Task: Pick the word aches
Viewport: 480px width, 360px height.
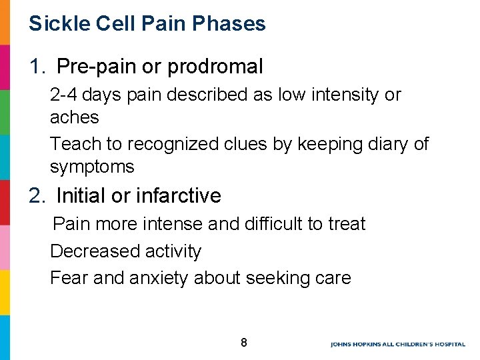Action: [x=74, y=118]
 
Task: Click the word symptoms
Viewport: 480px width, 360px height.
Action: [x=92, y=167]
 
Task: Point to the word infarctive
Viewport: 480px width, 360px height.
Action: [x=178, y=196]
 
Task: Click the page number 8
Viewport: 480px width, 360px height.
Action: [x=244, y=343]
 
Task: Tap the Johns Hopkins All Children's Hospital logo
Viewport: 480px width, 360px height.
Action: [x=400, y=344]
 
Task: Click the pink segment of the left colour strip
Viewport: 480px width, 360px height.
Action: [x=5, y=247]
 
